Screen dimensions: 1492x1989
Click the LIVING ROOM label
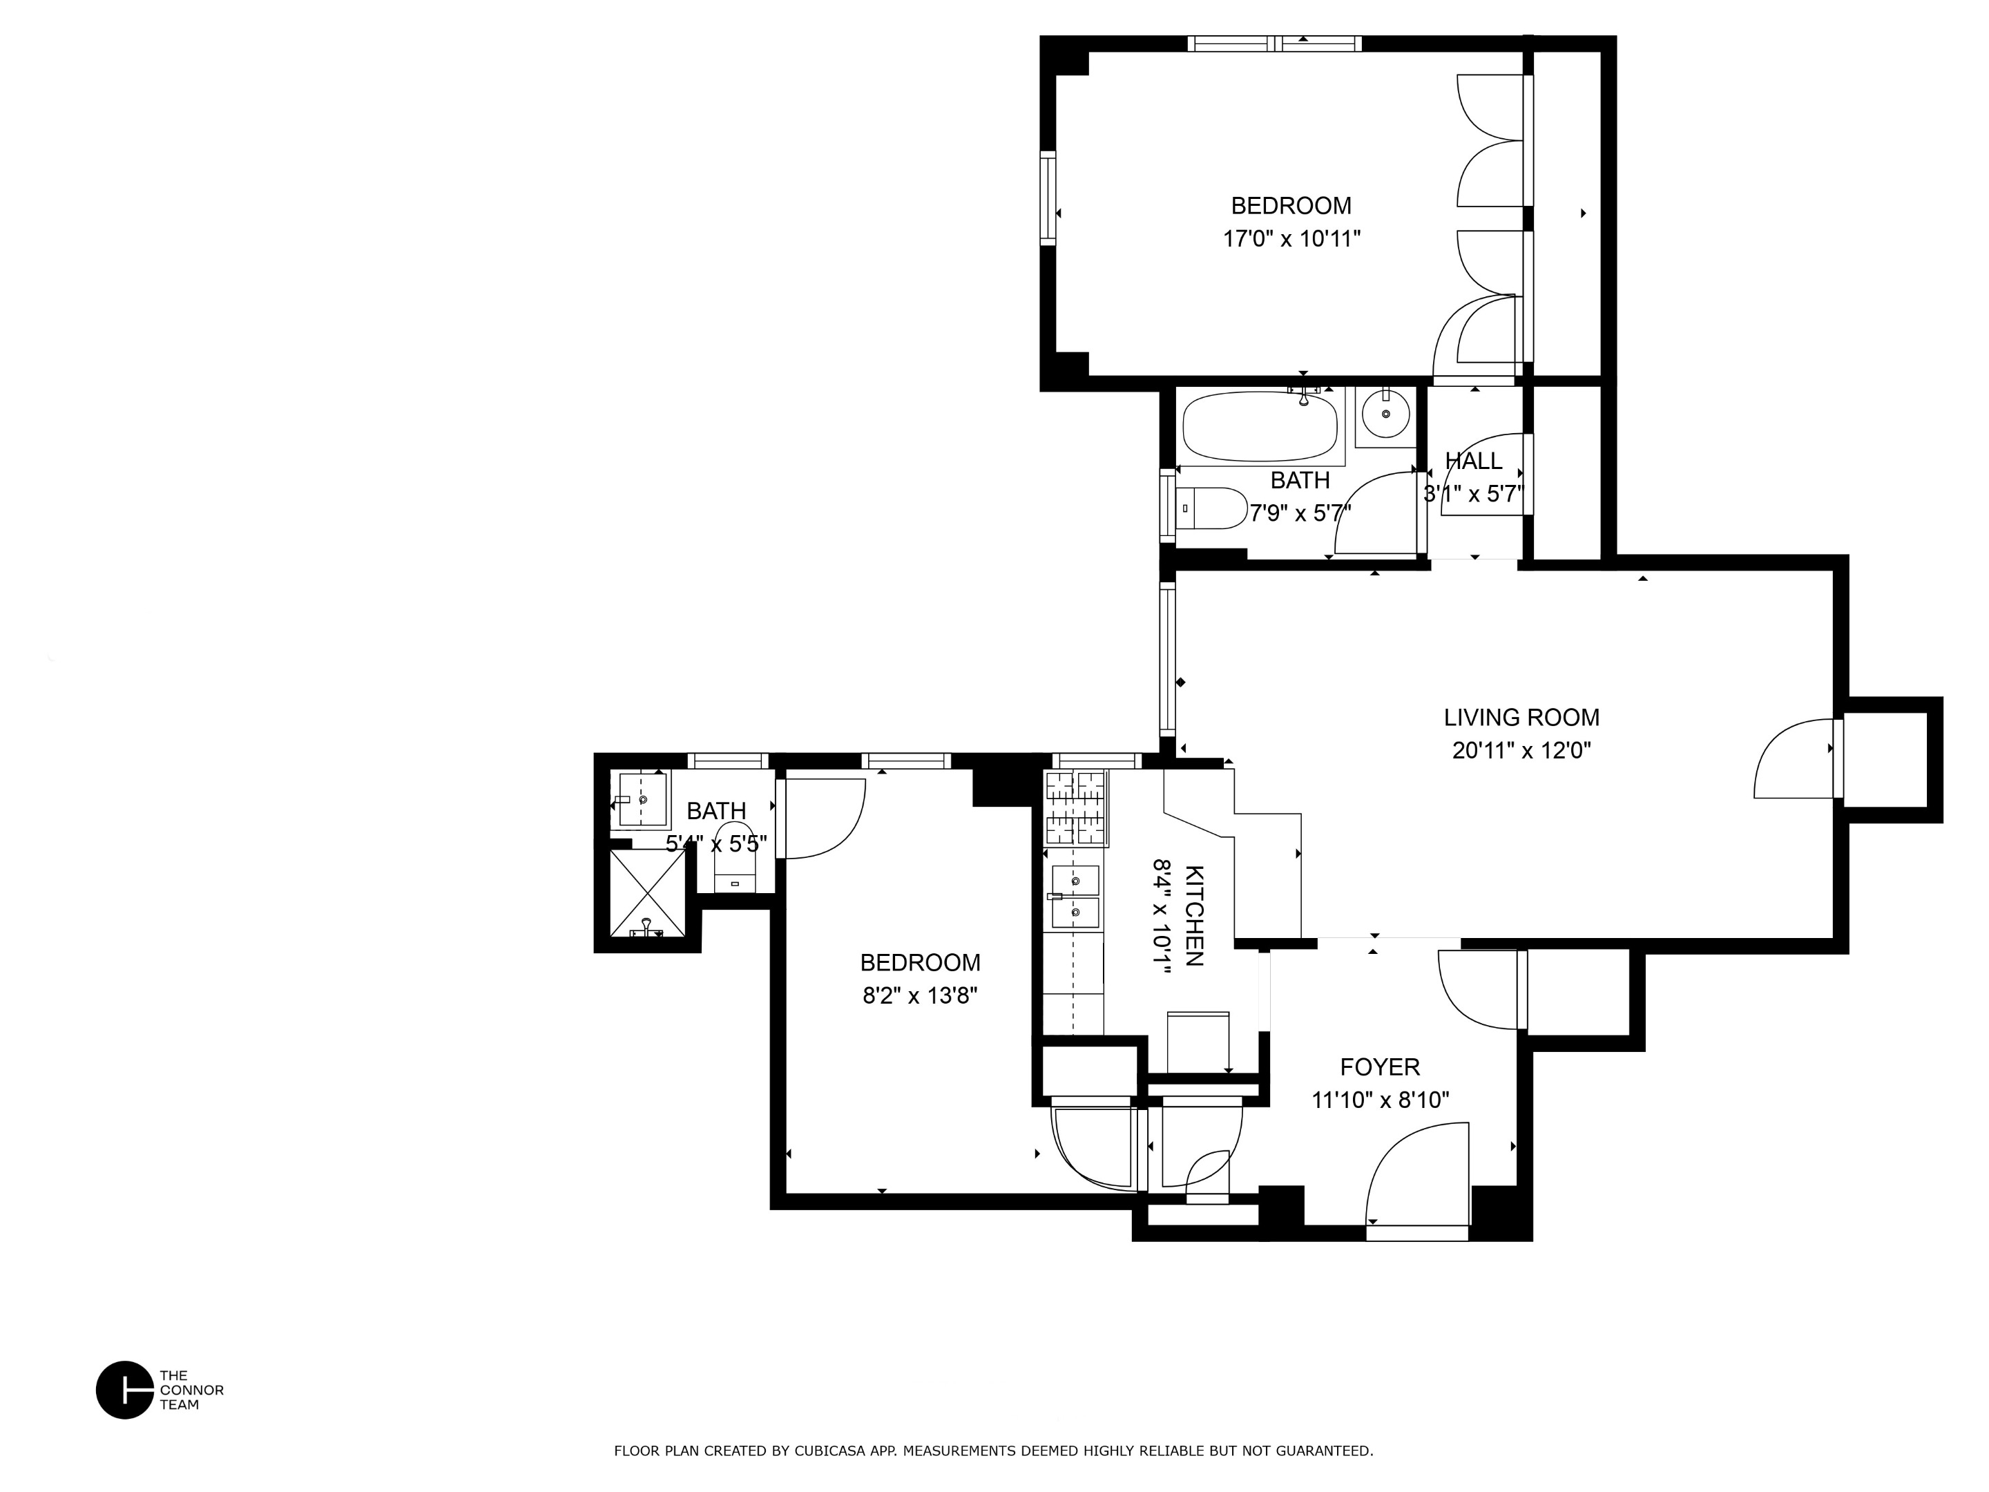(1521, 718)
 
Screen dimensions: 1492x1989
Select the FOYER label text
(1379, 1067)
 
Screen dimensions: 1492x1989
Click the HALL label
(1473, 461)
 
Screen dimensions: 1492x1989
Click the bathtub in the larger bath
(1259, 427)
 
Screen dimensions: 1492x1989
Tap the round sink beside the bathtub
(1385, 414)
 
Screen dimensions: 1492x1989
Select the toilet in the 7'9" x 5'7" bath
(1209, 509)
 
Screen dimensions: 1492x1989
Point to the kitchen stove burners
(1075, 807)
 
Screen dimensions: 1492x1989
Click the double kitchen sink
(1075, 897)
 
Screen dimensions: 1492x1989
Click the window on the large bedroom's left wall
(1048, 198)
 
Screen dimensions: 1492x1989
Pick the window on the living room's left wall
(1167, 656)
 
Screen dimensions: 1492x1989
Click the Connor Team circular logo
(125, 1390)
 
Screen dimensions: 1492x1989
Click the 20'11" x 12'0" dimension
(1521, 751)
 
